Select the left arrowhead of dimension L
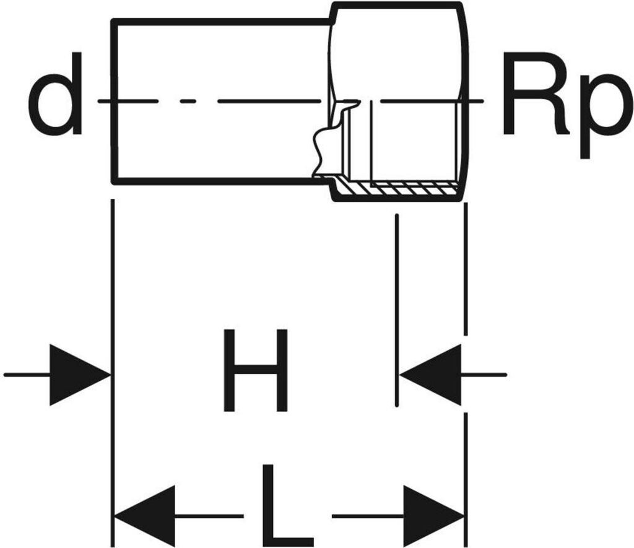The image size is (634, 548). click(146, 516)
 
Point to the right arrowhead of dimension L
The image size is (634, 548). click(433, 516)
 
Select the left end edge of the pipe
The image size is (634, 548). click(113, 102)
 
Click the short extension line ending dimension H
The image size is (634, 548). click(396, 310)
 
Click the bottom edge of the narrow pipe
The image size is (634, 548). click(217, 181)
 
